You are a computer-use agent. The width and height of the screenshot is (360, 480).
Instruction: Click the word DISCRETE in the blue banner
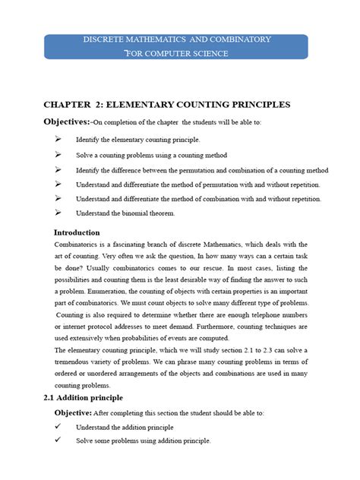pyautogui.click(x=103, y=39)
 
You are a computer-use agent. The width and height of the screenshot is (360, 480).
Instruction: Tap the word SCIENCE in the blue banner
pyautogui.click(x=208, y=53)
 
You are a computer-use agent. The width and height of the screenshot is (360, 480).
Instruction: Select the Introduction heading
pyautogui.click(x=77, y=232)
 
